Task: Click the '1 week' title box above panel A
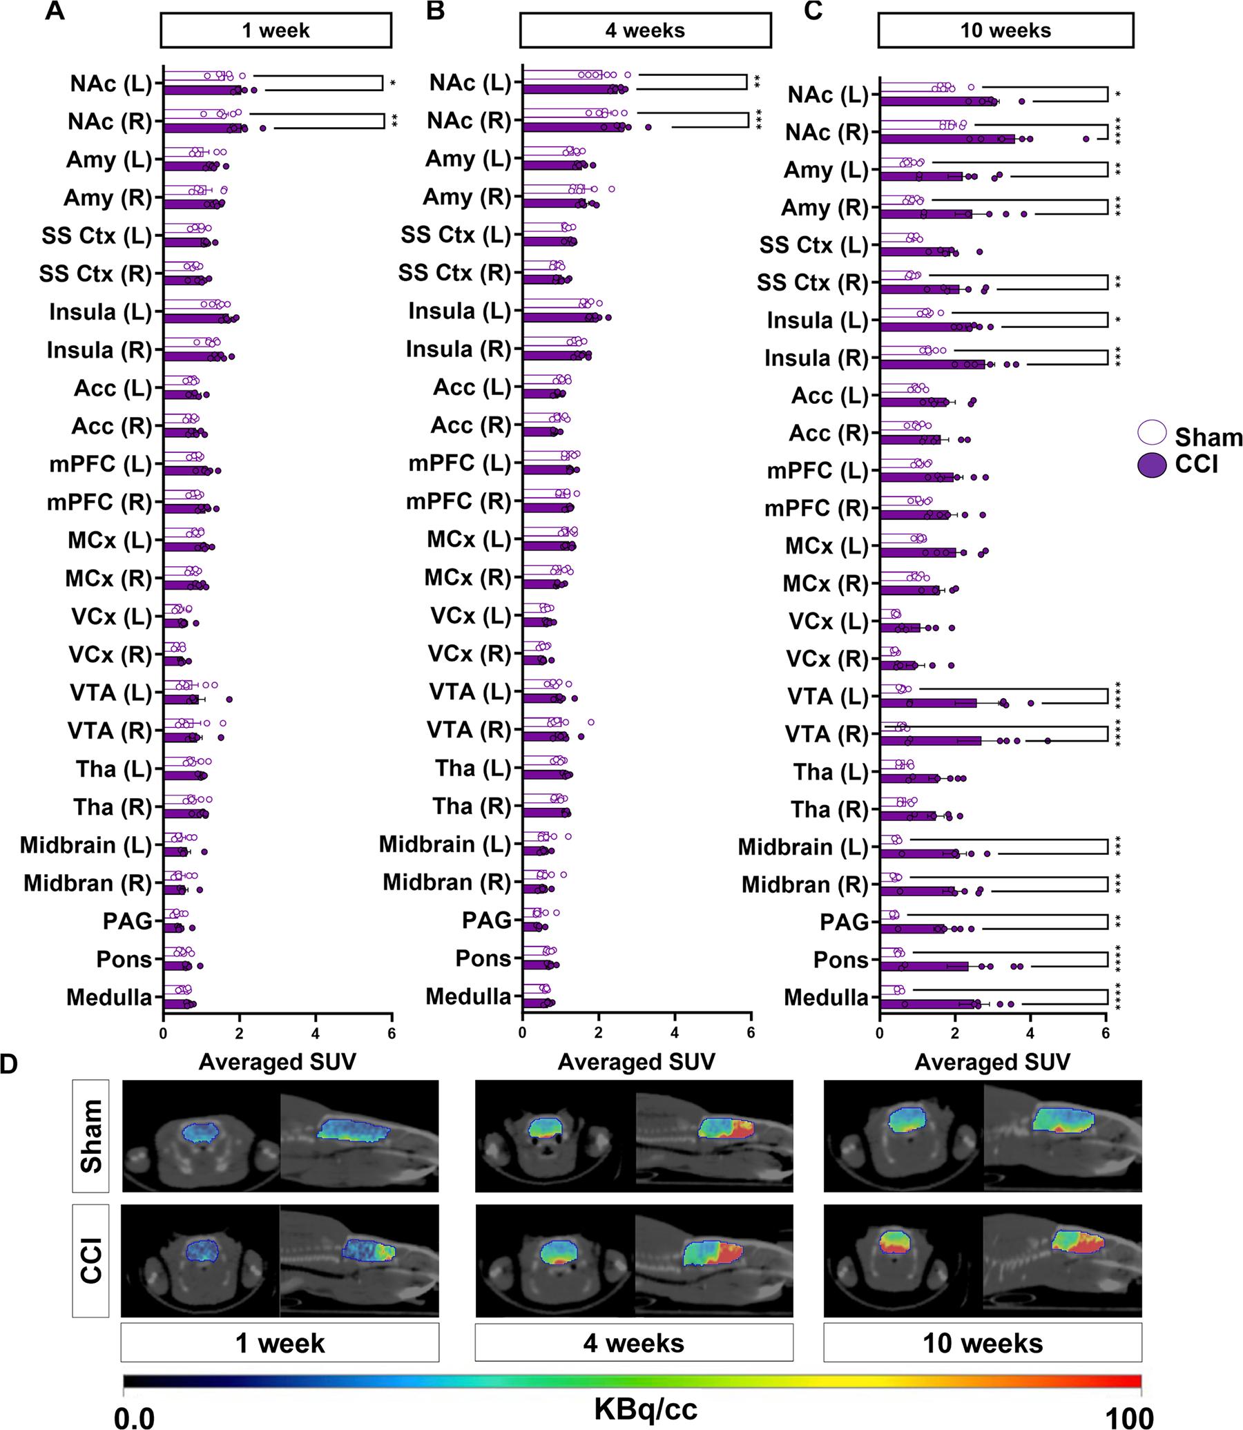coord(276,30)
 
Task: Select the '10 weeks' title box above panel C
coord(1005,30)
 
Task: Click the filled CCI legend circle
coord(1152,465)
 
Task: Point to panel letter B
coord(434,11)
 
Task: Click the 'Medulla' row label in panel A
coord(109,997)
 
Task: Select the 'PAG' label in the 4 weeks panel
coord(486,920)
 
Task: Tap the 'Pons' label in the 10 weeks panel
coord(840,960)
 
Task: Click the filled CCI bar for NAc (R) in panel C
coord(946,139)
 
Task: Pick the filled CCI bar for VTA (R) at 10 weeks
coord(929,741)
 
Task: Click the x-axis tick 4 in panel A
coord(316,1034)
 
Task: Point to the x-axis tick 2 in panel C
coord(955,1034)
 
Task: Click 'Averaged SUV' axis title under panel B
coord(636,1062)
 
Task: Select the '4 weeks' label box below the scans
coord(633,1343)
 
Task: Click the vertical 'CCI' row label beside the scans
coord(91,1260)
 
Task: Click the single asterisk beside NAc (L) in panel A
coord(393,84)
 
